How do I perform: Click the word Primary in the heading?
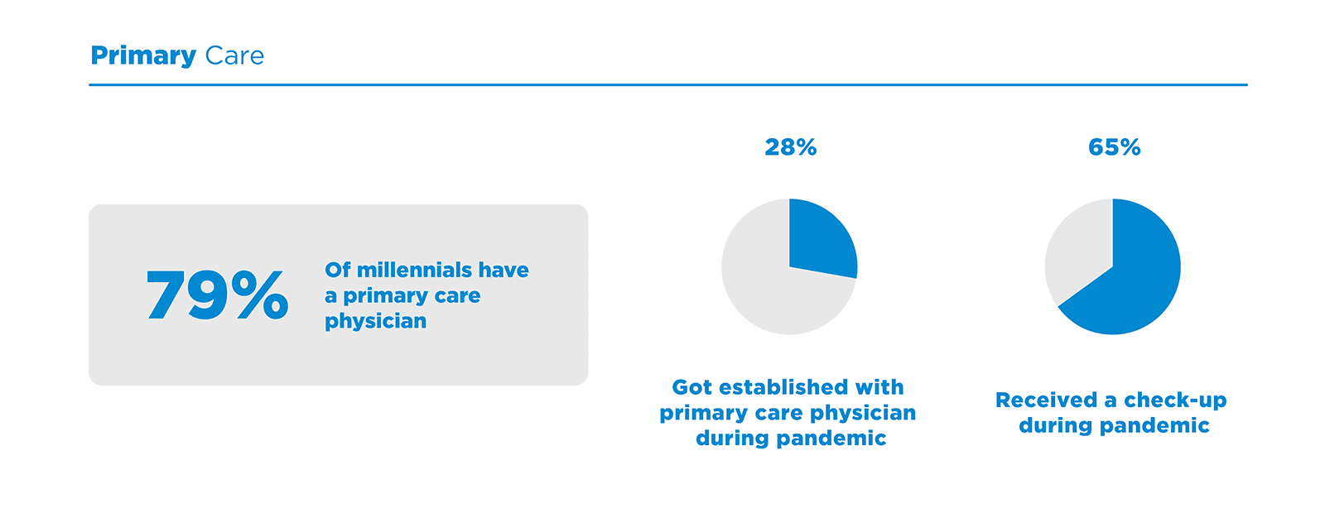pos(142,56)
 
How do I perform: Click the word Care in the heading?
pos(234,56)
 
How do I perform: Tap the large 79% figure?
pos(217,295)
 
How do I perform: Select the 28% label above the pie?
pos(790,147)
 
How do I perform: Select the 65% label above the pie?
pos(1114,147)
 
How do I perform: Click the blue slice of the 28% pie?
pos(820,240)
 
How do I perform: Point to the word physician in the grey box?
pos(375,322)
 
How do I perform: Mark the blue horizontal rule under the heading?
pos(667,84)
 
